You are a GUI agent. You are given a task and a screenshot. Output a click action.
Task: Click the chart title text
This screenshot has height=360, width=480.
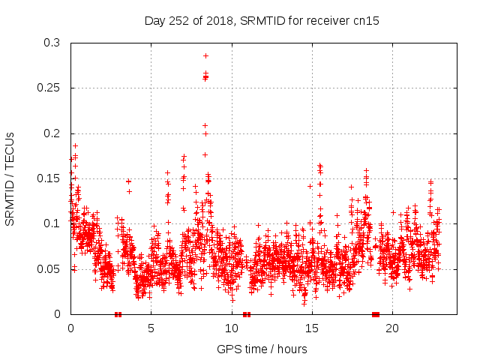pos(262,21)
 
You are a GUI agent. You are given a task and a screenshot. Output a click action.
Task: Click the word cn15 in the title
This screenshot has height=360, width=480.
pos(367,21)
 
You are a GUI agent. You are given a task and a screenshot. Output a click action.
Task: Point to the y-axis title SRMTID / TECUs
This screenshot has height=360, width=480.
pos(10,178)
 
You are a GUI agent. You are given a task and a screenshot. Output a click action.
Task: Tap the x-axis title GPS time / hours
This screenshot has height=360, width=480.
pos(262,349)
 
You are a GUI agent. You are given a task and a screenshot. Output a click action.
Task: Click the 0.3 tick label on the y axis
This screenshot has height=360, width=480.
pos(51,43)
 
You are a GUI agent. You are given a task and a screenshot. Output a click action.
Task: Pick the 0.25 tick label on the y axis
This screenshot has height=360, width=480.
pos(48,88)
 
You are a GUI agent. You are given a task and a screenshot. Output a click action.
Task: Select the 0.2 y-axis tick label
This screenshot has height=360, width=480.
pos(51,133)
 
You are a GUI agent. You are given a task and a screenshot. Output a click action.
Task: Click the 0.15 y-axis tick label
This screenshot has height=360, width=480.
pos(48,178)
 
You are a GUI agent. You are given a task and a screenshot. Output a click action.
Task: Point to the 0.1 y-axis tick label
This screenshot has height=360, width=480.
pos(51,223)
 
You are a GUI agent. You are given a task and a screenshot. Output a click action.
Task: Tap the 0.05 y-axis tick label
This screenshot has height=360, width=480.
pos(48,268)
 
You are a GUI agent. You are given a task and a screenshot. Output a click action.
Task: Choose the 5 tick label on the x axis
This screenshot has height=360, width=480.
pos(151,328)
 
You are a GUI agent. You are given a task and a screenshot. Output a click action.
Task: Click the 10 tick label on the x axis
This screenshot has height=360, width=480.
pos(231,328)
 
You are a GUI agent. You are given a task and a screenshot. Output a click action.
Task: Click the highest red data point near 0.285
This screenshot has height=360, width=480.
pos(205,55)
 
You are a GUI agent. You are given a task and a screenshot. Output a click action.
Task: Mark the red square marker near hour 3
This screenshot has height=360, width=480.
pos(118,314)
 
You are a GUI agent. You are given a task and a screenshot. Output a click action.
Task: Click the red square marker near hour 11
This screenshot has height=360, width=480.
pos(246,314)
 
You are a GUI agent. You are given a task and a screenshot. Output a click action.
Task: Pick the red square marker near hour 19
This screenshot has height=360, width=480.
pos(376,314)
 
